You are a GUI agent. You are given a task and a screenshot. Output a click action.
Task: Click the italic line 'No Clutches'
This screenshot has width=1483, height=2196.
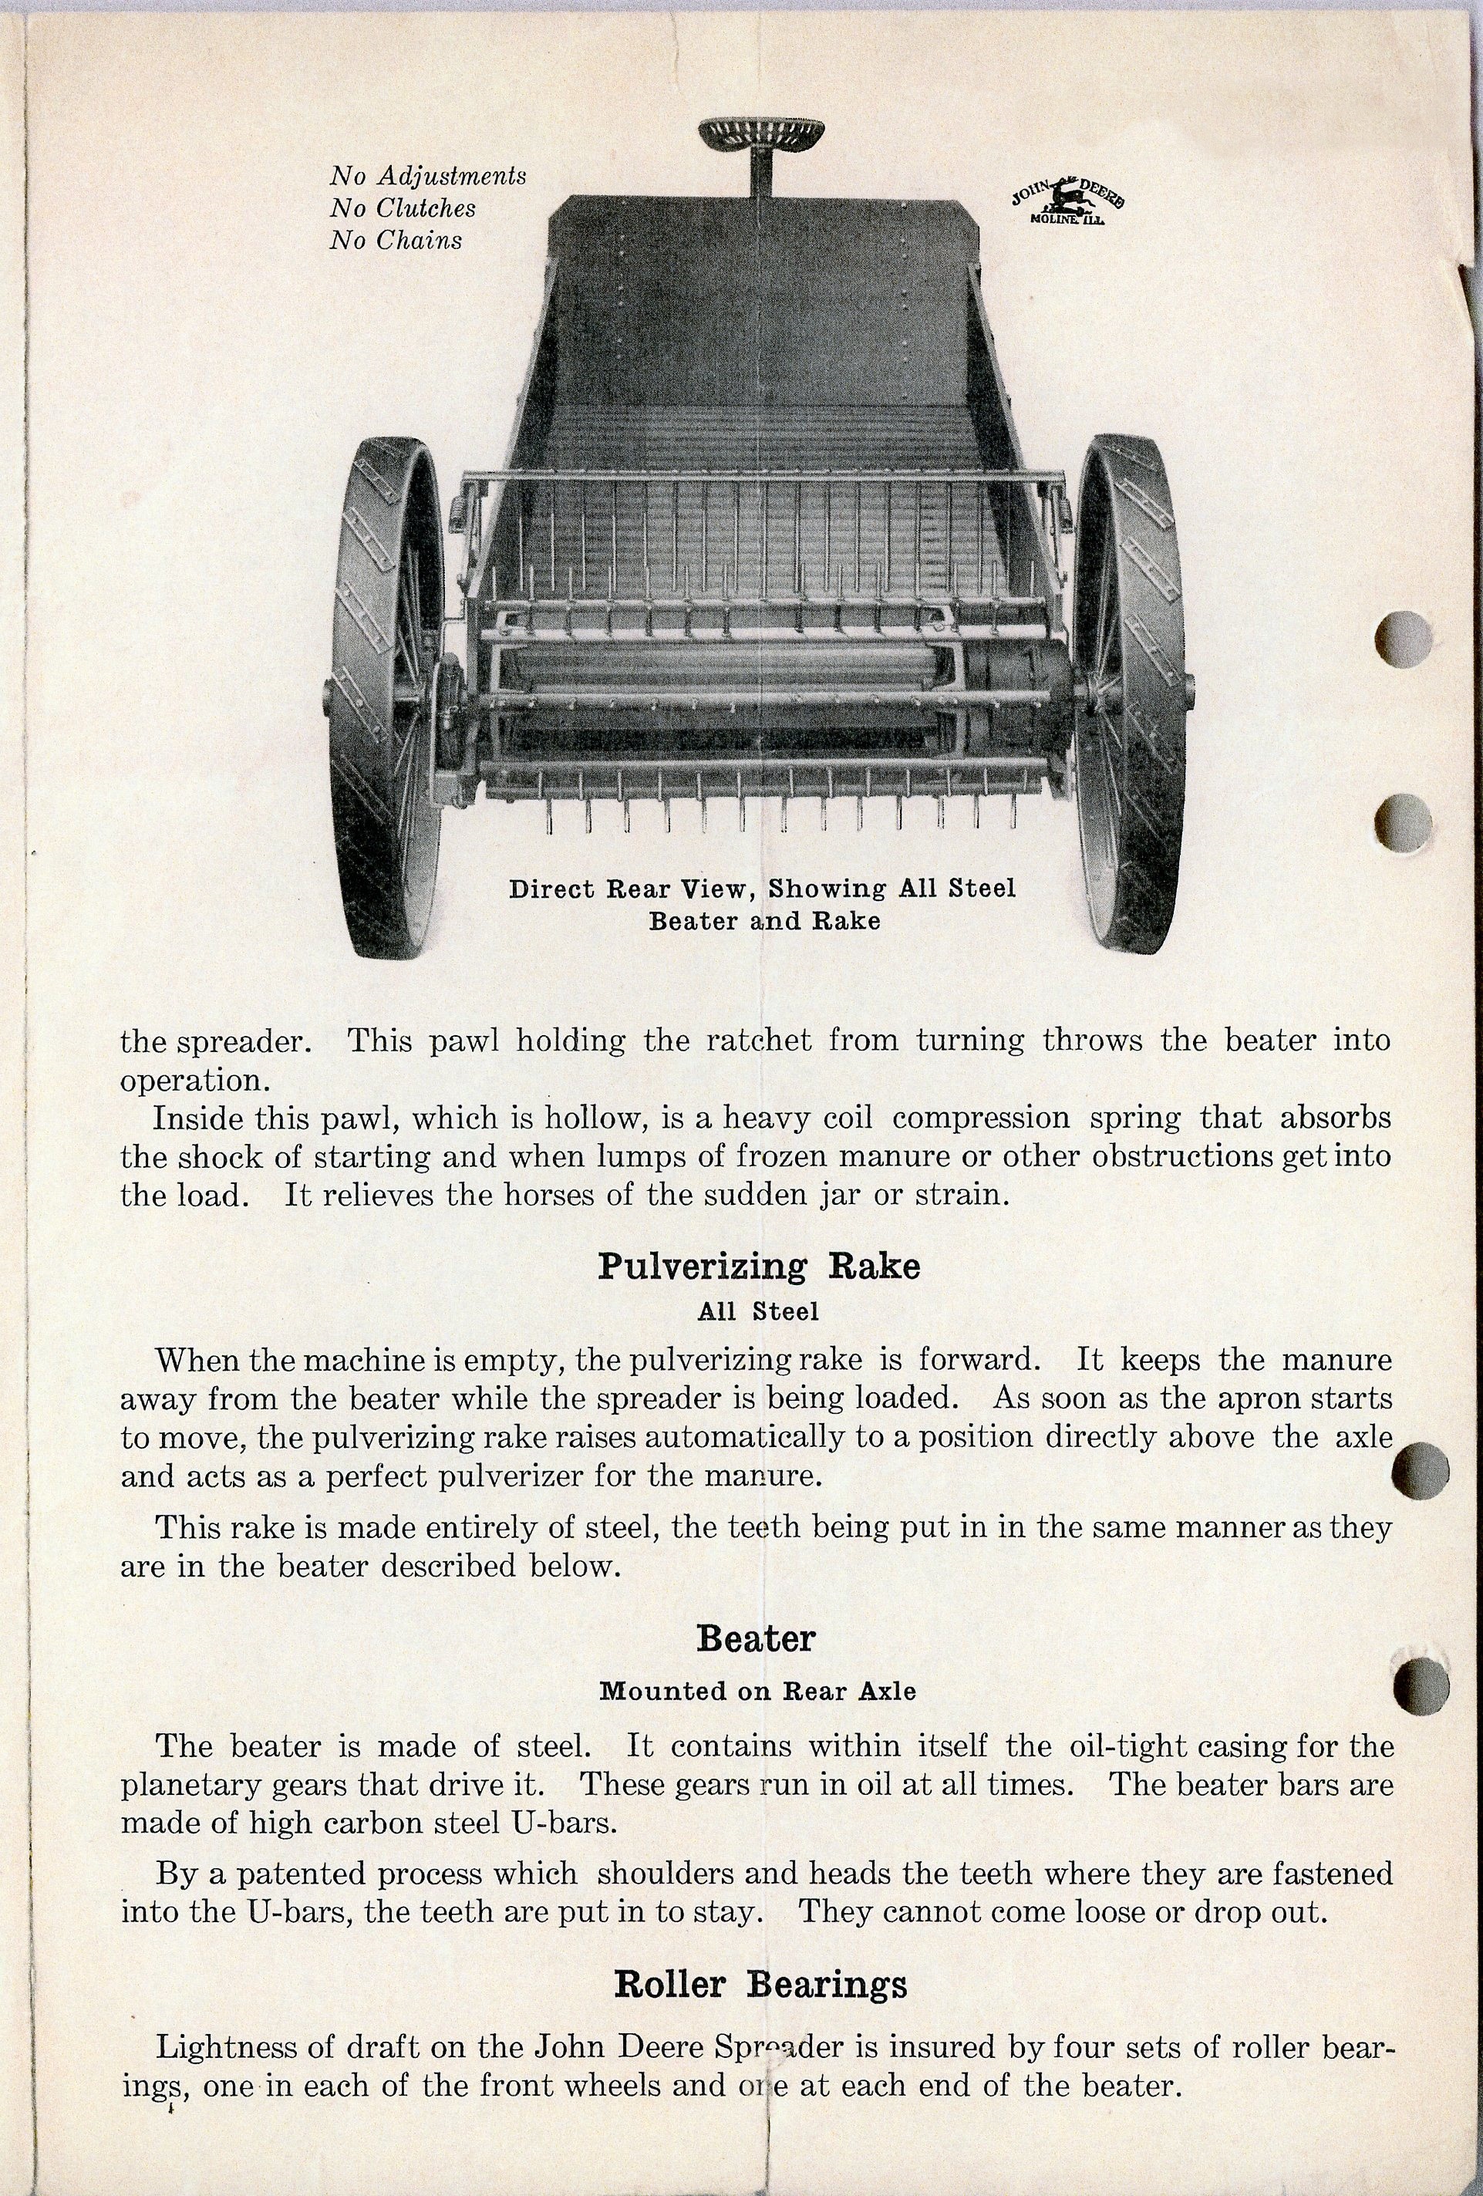403,208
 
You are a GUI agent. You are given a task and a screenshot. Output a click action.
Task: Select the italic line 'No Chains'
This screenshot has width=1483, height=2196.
396,240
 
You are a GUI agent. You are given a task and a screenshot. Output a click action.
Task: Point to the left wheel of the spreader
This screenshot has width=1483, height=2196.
387,694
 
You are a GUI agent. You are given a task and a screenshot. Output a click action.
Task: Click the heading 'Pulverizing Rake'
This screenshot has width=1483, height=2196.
759,1267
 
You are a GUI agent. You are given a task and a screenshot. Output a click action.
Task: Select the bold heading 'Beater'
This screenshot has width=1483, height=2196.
756,1638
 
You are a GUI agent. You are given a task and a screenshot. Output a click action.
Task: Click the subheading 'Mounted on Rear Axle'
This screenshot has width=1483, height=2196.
757,1691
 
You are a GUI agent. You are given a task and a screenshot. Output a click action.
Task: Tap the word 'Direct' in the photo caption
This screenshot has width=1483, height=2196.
551,889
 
